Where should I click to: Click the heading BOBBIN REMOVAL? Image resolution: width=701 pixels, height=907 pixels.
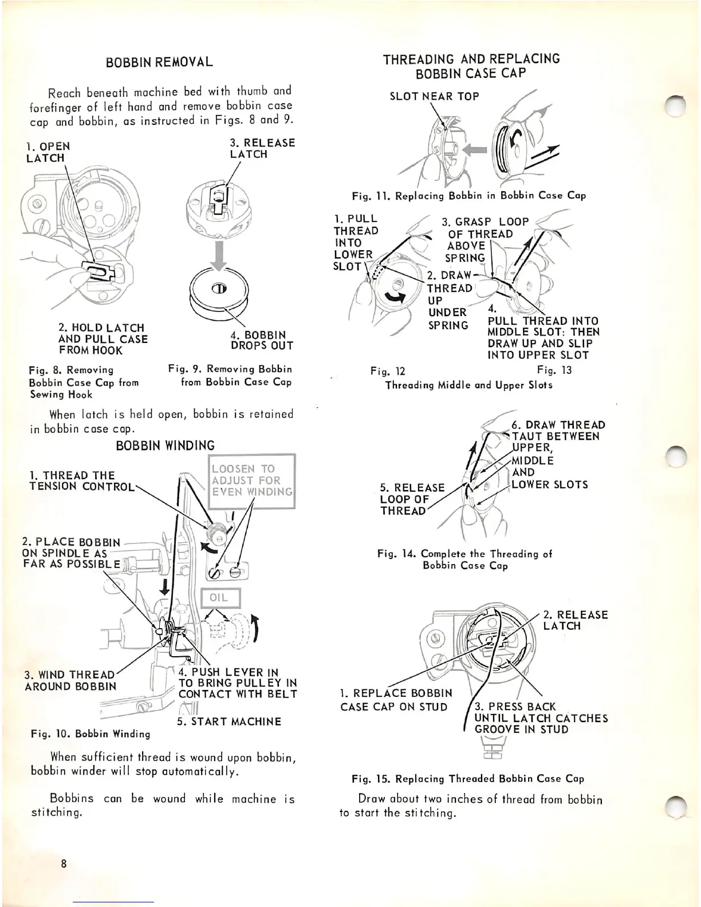point(159,62)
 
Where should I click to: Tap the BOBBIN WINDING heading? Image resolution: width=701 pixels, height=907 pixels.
point(165,445)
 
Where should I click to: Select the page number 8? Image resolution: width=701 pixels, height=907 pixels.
point(64,863)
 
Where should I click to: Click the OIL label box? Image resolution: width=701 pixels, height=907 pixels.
point(219,598)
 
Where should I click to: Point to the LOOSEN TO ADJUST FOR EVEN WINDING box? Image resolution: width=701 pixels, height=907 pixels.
point(251,480)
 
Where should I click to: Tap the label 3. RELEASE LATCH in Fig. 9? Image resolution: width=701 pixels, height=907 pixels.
point(262,148)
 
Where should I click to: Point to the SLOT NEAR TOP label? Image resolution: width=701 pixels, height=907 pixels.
point(434,96)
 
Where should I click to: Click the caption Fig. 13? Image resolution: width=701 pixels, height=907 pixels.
point(554,370)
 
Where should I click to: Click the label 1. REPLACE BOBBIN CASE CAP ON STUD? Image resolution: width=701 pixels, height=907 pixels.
point(395,700)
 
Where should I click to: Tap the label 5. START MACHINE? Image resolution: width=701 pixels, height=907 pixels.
point(229,721)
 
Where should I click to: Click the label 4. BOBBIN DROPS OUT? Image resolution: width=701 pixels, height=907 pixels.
point(261,340)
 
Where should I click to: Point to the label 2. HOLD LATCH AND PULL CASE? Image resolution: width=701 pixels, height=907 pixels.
point(103,339)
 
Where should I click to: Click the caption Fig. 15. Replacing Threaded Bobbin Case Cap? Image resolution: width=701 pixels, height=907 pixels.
point(467,779)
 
